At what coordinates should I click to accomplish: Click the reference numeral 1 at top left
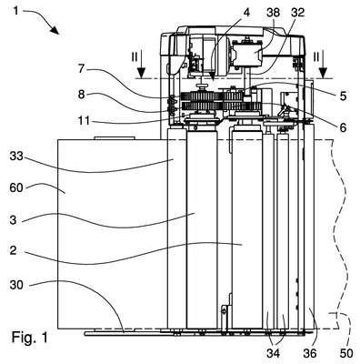click(15, 12)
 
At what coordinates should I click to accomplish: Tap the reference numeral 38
click(275, 13)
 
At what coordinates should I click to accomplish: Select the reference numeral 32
click(297, 13)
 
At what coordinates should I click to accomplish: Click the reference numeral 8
click(81, 95)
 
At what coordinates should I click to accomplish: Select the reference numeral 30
click(16, 285)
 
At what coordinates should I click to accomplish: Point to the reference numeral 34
click(274, 353)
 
